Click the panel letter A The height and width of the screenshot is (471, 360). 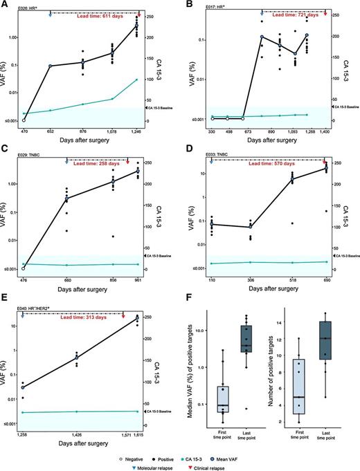coord(5,5)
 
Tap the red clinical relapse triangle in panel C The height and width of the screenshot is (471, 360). coord(127,164)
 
